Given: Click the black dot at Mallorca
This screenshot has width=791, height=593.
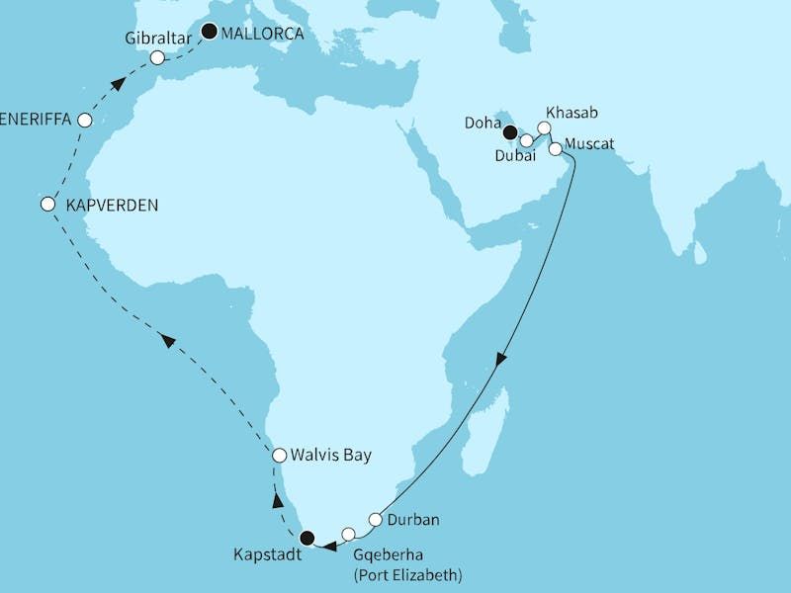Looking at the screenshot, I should point(209,32).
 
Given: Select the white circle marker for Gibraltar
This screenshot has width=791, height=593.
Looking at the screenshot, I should point(158,58).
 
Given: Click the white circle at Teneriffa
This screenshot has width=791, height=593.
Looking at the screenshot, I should point(85,121).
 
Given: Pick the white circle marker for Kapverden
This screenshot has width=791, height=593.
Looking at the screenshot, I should point(47,205).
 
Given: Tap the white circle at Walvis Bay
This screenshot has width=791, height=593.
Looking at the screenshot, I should point(280,456).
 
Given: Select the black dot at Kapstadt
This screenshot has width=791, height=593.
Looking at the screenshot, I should point(307,539).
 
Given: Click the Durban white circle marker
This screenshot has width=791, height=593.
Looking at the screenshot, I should point(376,519).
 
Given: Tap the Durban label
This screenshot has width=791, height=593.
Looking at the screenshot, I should point(414,519).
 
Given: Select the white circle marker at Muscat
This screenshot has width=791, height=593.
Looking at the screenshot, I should point(556,149).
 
